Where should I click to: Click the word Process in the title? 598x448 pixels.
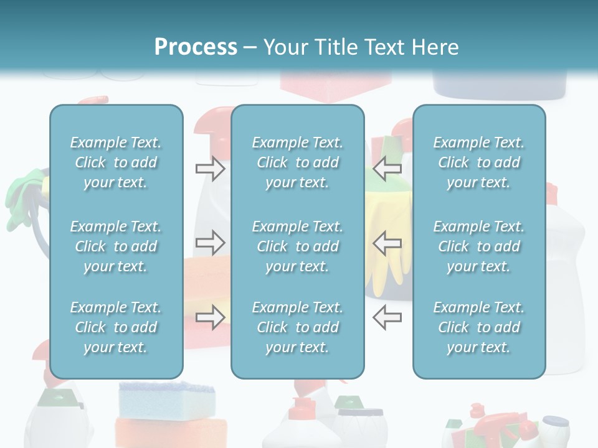point(196,47)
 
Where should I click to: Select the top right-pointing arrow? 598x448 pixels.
point(210,168)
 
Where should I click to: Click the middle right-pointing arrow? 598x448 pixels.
point(210,243)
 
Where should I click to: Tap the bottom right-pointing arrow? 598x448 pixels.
point(210,317)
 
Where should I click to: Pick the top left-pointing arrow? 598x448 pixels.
point(387,168)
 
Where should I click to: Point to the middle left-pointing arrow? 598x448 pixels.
point(387,243)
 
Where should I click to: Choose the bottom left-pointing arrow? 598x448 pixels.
point(387,317)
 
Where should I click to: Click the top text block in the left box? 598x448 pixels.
point(116,162)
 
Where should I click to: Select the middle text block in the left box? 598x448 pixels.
point(116,246)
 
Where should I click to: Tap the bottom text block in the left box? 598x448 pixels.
point(116,327)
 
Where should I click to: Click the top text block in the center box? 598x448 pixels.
point(297,162)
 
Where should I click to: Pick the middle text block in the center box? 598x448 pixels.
point(297,246)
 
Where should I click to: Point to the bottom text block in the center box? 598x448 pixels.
point(297,327)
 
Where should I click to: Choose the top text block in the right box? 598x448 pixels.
point(478,162)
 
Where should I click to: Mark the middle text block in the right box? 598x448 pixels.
point(478,246)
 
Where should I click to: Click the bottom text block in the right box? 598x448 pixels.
point(478,327)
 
